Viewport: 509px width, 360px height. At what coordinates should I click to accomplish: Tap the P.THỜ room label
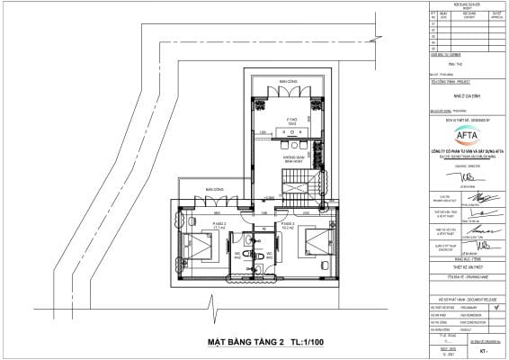[292, 120]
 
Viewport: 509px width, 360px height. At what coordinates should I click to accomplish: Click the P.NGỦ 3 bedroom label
[289, 226]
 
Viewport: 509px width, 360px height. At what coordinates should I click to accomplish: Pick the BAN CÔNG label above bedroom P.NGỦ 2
[213, 191]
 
